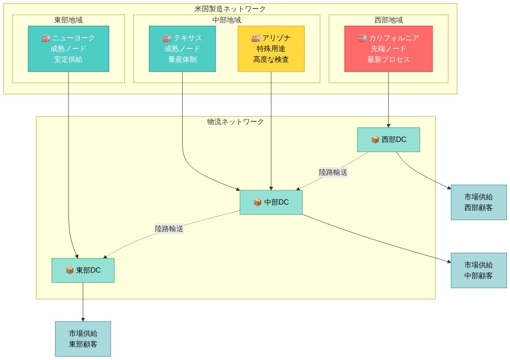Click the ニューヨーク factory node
(68, 49)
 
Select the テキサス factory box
(182, 49)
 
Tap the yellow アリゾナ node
(271, 49)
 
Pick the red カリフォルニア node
(388, 49)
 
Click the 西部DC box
(388, 140)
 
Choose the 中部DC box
(271, 202)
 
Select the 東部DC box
(83, 270)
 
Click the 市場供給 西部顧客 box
(479, 202)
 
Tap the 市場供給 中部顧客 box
(479, 270)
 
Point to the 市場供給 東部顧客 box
(83, 339)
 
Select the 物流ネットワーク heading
(235, 122)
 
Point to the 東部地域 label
(68, 20)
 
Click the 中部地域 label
(227, 20)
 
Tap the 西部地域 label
(388, 20)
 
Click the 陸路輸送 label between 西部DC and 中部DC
(333, 172)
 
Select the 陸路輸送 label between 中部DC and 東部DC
(169, 228)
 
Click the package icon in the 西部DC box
(375, 140)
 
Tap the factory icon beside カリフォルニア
(362, 38)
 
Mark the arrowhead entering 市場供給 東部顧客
(83, 319)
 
